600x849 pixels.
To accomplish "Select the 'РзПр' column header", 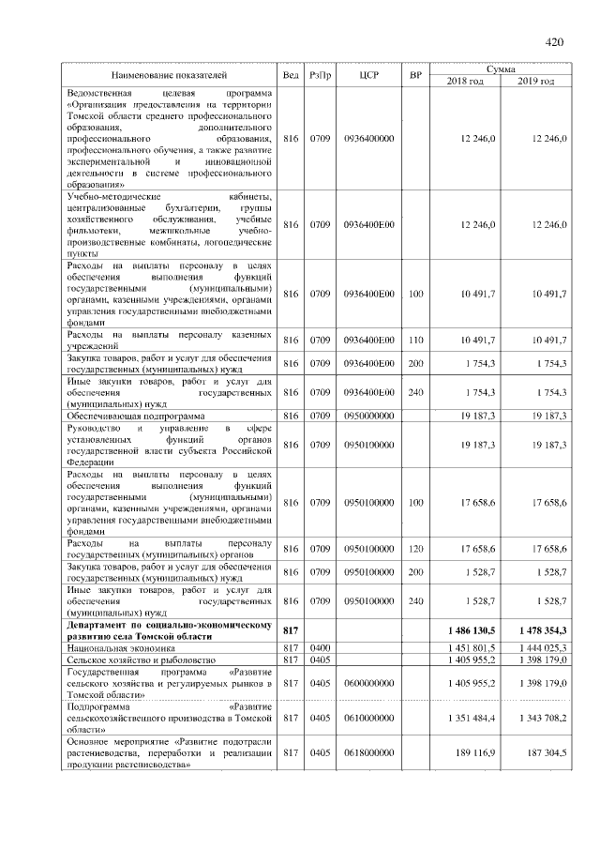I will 322,74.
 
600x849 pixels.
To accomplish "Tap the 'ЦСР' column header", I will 368,74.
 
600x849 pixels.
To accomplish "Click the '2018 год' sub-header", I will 466,81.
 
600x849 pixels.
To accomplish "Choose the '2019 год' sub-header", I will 535,81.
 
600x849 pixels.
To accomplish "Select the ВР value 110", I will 416,340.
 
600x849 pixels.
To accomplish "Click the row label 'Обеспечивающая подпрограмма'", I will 132,415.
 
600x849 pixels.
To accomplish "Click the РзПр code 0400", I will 322,647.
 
